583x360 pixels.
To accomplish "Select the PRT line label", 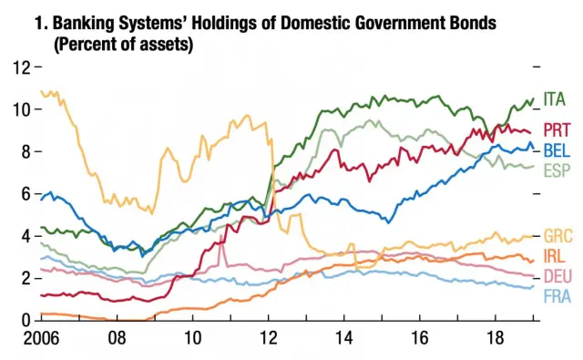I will (x=557, y=129).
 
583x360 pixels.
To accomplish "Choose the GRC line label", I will (x=557, y=236).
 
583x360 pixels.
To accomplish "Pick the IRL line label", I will (x=555, y=256).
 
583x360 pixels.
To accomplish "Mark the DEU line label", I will (x=557, y=276).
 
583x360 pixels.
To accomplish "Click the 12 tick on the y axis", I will (x=20, y=67).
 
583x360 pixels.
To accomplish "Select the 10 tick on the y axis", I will (x=20, y=109).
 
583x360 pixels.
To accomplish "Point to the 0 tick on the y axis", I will (x=25, y=321).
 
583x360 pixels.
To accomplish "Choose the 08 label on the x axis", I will (x=118, y=338).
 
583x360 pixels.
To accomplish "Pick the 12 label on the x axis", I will (x=269, y=338).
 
